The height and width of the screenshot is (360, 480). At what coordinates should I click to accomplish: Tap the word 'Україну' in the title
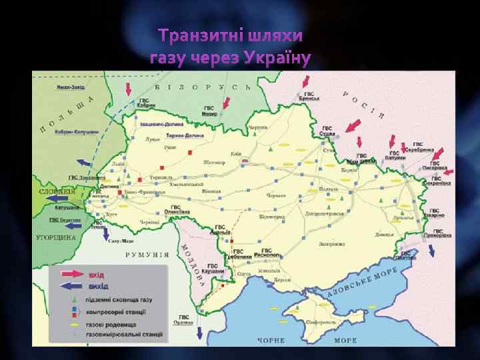(275, 59)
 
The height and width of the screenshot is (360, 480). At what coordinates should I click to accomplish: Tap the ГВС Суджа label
(329, 130)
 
